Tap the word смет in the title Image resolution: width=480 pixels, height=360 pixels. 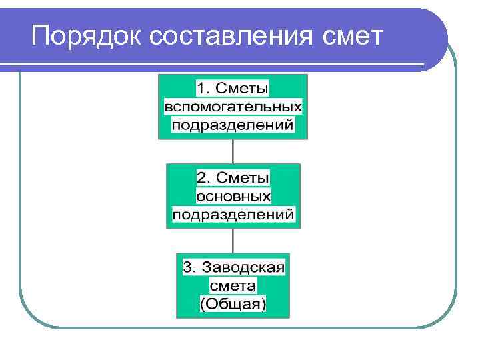click(351, 37)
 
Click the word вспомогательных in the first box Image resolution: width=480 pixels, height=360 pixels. click(233, 107)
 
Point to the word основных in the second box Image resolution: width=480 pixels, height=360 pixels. click(233, 197)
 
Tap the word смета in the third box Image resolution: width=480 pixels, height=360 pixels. click(233, 286)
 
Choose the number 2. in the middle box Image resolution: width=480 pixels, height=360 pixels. click(203, 178)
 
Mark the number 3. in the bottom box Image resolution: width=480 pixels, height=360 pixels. click(189, 267)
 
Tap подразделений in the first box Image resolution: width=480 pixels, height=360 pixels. click(233, 125)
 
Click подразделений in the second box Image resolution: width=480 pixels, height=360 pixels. click(233, 215)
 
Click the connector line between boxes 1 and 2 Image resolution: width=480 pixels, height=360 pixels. click(233, 151)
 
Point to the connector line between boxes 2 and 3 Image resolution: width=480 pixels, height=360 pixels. click(233, 241)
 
